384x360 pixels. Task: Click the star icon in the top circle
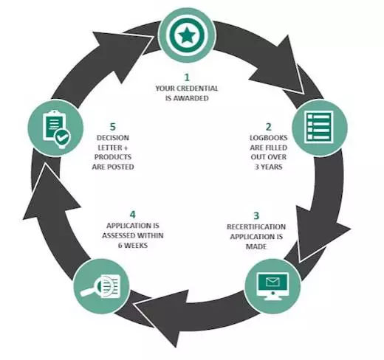(187, 35)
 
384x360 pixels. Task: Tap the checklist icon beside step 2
(319, 127)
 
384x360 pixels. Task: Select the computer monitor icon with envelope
(272, 286)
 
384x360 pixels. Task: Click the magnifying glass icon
(100, 286)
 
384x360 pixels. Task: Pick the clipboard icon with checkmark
(56, 129)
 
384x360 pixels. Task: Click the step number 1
(187, 77)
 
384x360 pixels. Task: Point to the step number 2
(268, 127)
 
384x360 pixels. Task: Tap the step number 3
(256, 216)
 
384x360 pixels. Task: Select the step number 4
(133, 215)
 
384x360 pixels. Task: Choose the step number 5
(113, 127)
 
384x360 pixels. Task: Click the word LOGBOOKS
(269, 138)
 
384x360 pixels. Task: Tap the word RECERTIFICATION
(256, 226)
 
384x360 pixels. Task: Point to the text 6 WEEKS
(133, 245)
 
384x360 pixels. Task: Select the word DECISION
(113, 138)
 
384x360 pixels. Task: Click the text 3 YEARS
(269, 167)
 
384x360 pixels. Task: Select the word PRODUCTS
(113, 157)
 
